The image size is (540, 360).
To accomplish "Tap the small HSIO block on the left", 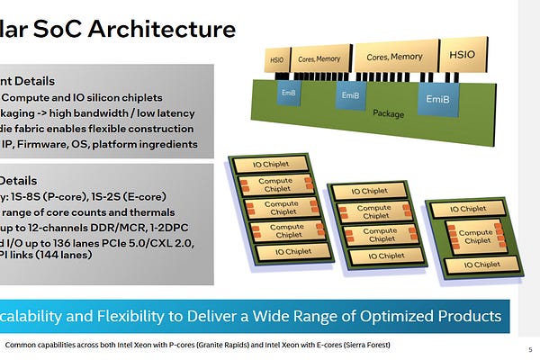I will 277,62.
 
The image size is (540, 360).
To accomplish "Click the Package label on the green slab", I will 388,114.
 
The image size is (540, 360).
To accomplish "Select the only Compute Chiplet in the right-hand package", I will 475,238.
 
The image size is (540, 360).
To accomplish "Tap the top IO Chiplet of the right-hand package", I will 476,209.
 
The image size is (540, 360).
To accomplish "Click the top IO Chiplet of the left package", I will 270,164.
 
